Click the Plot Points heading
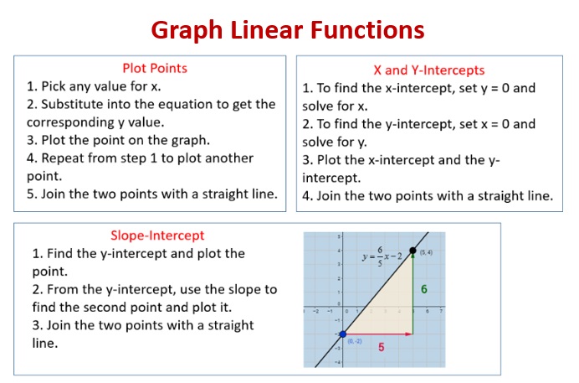(x=155, y=67)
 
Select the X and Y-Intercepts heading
(x=428, y=70)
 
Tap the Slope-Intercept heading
(x=157, y=235)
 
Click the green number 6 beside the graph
(x=424, y=289)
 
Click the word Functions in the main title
(x=368, y=30)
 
